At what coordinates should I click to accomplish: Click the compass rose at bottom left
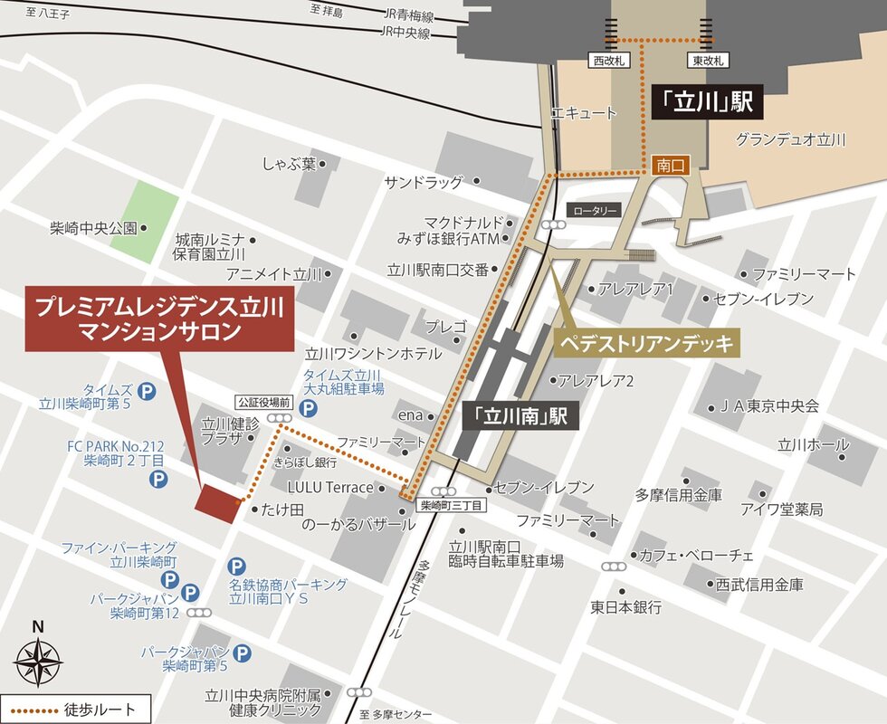38,661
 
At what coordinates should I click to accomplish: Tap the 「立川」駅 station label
705,101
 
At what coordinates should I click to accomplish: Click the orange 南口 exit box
670,166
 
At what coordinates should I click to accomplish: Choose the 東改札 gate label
708,61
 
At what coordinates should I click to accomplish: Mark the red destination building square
218,502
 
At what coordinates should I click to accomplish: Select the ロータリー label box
594,210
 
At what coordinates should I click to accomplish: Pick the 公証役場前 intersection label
262,401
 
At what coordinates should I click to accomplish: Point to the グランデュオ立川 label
789,139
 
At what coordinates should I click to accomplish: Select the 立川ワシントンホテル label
373,353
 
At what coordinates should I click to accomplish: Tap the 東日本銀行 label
626,606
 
